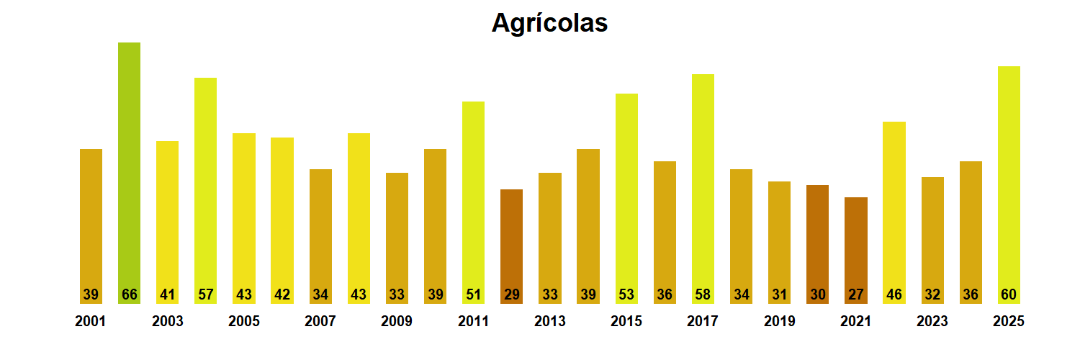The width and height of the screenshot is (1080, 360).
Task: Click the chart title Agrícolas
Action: pos(549,23)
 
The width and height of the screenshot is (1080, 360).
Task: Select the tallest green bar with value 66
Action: pos(129,173)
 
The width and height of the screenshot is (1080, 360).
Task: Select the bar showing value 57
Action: pos(205,187)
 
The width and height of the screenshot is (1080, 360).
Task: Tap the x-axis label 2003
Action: pos(167,321)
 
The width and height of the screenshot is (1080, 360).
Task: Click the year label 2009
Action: pos(397,321)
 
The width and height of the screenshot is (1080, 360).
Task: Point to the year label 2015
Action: pos(626,321)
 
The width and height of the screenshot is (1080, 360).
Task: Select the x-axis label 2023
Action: pos(932,321)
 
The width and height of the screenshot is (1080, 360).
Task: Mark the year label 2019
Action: pos(779,321)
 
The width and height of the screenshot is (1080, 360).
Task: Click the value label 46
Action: pos(894,294)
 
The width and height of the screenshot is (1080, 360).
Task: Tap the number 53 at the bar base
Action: pos(626,294)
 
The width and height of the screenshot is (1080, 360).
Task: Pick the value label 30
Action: pos(818,294)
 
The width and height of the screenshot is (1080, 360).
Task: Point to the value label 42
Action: pos(282,294)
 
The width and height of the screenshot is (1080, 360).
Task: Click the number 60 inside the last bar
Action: pos(1009,294)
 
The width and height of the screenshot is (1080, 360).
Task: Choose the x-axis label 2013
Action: pos(549,321)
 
